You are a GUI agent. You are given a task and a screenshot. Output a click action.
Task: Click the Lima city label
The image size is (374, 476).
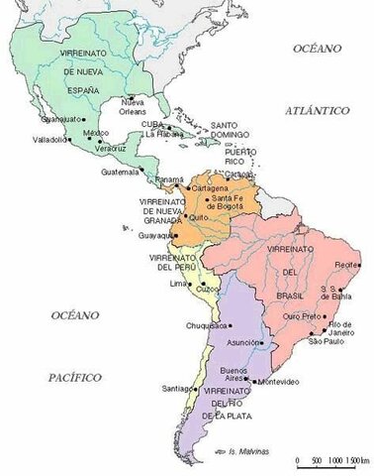(x=178, y=284)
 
